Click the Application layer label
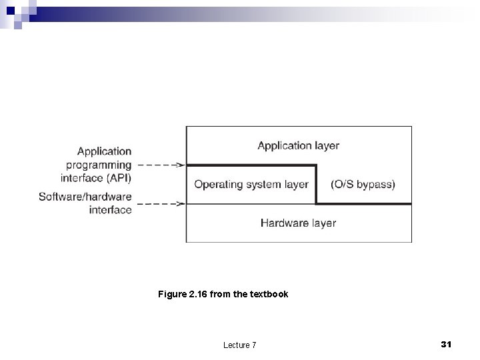point(298,145)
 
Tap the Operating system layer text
point(251,184)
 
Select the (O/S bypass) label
point(363,184)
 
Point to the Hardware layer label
point(298,223)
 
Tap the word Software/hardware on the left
point(85,197)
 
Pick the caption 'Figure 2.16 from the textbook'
point(223,293)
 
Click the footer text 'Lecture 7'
point(240,345)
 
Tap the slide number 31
point(447,344)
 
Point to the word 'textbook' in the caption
point(269,293)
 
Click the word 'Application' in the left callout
point(105,152)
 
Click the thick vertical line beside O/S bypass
point(315,184)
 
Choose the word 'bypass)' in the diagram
point(377,184)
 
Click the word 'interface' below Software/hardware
point(110,210)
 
